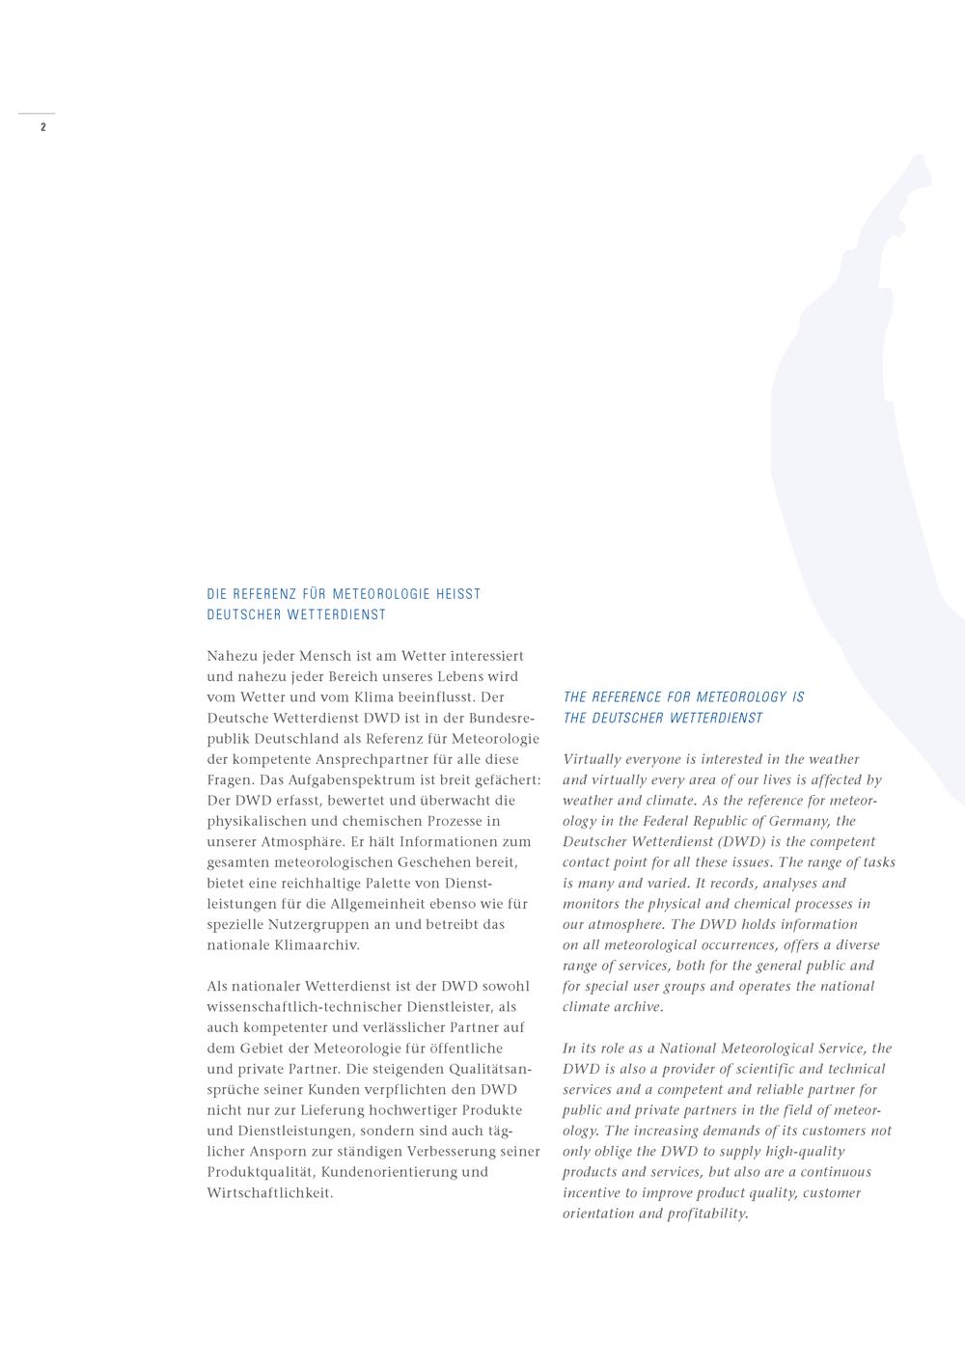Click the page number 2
tap(42, 127)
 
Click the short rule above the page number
tap(37, 114)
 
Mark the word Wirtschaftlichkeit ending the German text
tap(270, 1193)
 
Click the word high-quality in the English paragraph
tap(805, 1152)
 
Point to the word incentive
tap(595, 1193)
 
